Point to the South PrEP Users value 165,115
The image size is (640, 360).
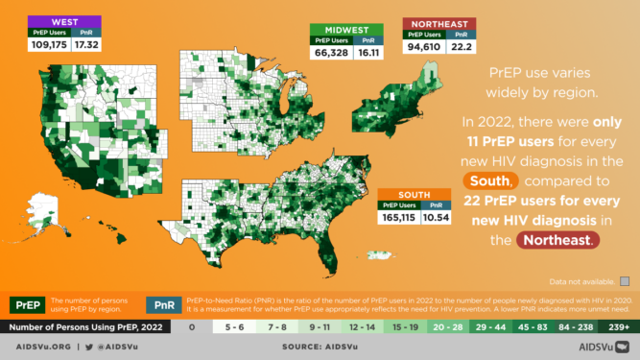[x=400, y=217]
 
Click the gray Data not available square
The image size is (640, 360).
[x=624, y=280]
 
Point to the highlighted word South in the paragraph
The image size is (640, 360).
[x=495, y=180]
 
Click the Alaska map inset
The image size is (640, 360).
[x=45, y=204]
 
